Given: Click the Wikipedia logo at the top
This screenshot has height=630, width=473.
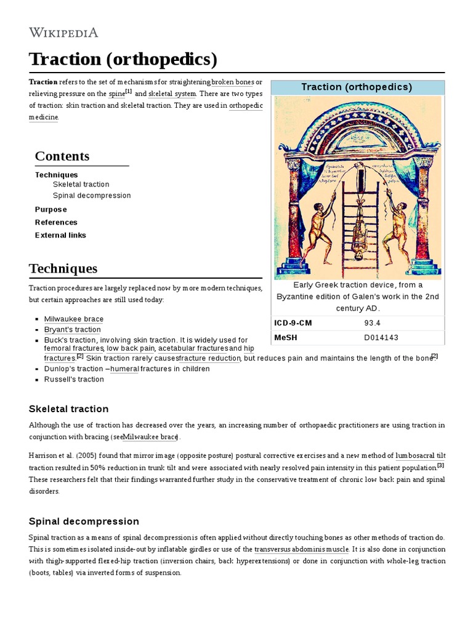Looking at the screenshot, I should tap(63, 32).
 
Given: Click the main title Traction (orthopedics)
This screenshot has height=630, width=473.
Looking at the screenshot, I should tap(123, 60).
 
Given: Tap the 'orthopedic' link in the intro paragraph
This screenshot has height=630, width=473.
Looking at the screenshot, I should tap(246, 105).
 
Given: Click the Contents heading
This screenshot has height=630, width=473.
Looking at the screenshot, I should tap(62, 156).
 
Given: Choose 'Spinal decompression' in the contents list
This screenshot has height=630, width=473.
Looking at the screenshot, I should tap(92, 196).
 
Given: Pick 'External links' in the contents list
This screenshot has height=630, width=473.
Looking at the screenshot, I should tap(60, 235).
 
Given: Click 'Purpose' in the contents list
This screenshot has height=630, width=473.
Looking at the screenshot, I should tap(51, 209).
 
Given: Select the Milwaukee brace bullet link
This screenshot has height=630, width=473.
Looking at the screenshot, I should tap(74, 319).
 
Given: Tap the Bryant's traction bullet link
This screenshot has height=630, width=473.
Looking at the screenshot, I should tap(72, 329).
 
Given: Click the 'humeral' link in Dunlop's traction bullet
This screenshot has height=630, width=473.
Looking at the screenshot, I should tap(124, 369).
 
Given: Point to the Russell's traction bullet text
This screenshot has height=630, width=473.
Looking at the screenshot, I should tap(74, 379).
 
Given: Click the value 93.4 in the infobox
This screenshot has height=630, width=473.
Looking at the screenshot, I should tap(373, 323).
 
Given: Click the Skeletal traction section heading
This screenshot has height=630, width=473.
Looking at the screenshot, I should tap(69, 409).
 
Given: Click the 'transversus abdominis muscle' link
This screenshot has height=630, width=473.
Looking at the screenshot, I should tap(302, 549).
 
